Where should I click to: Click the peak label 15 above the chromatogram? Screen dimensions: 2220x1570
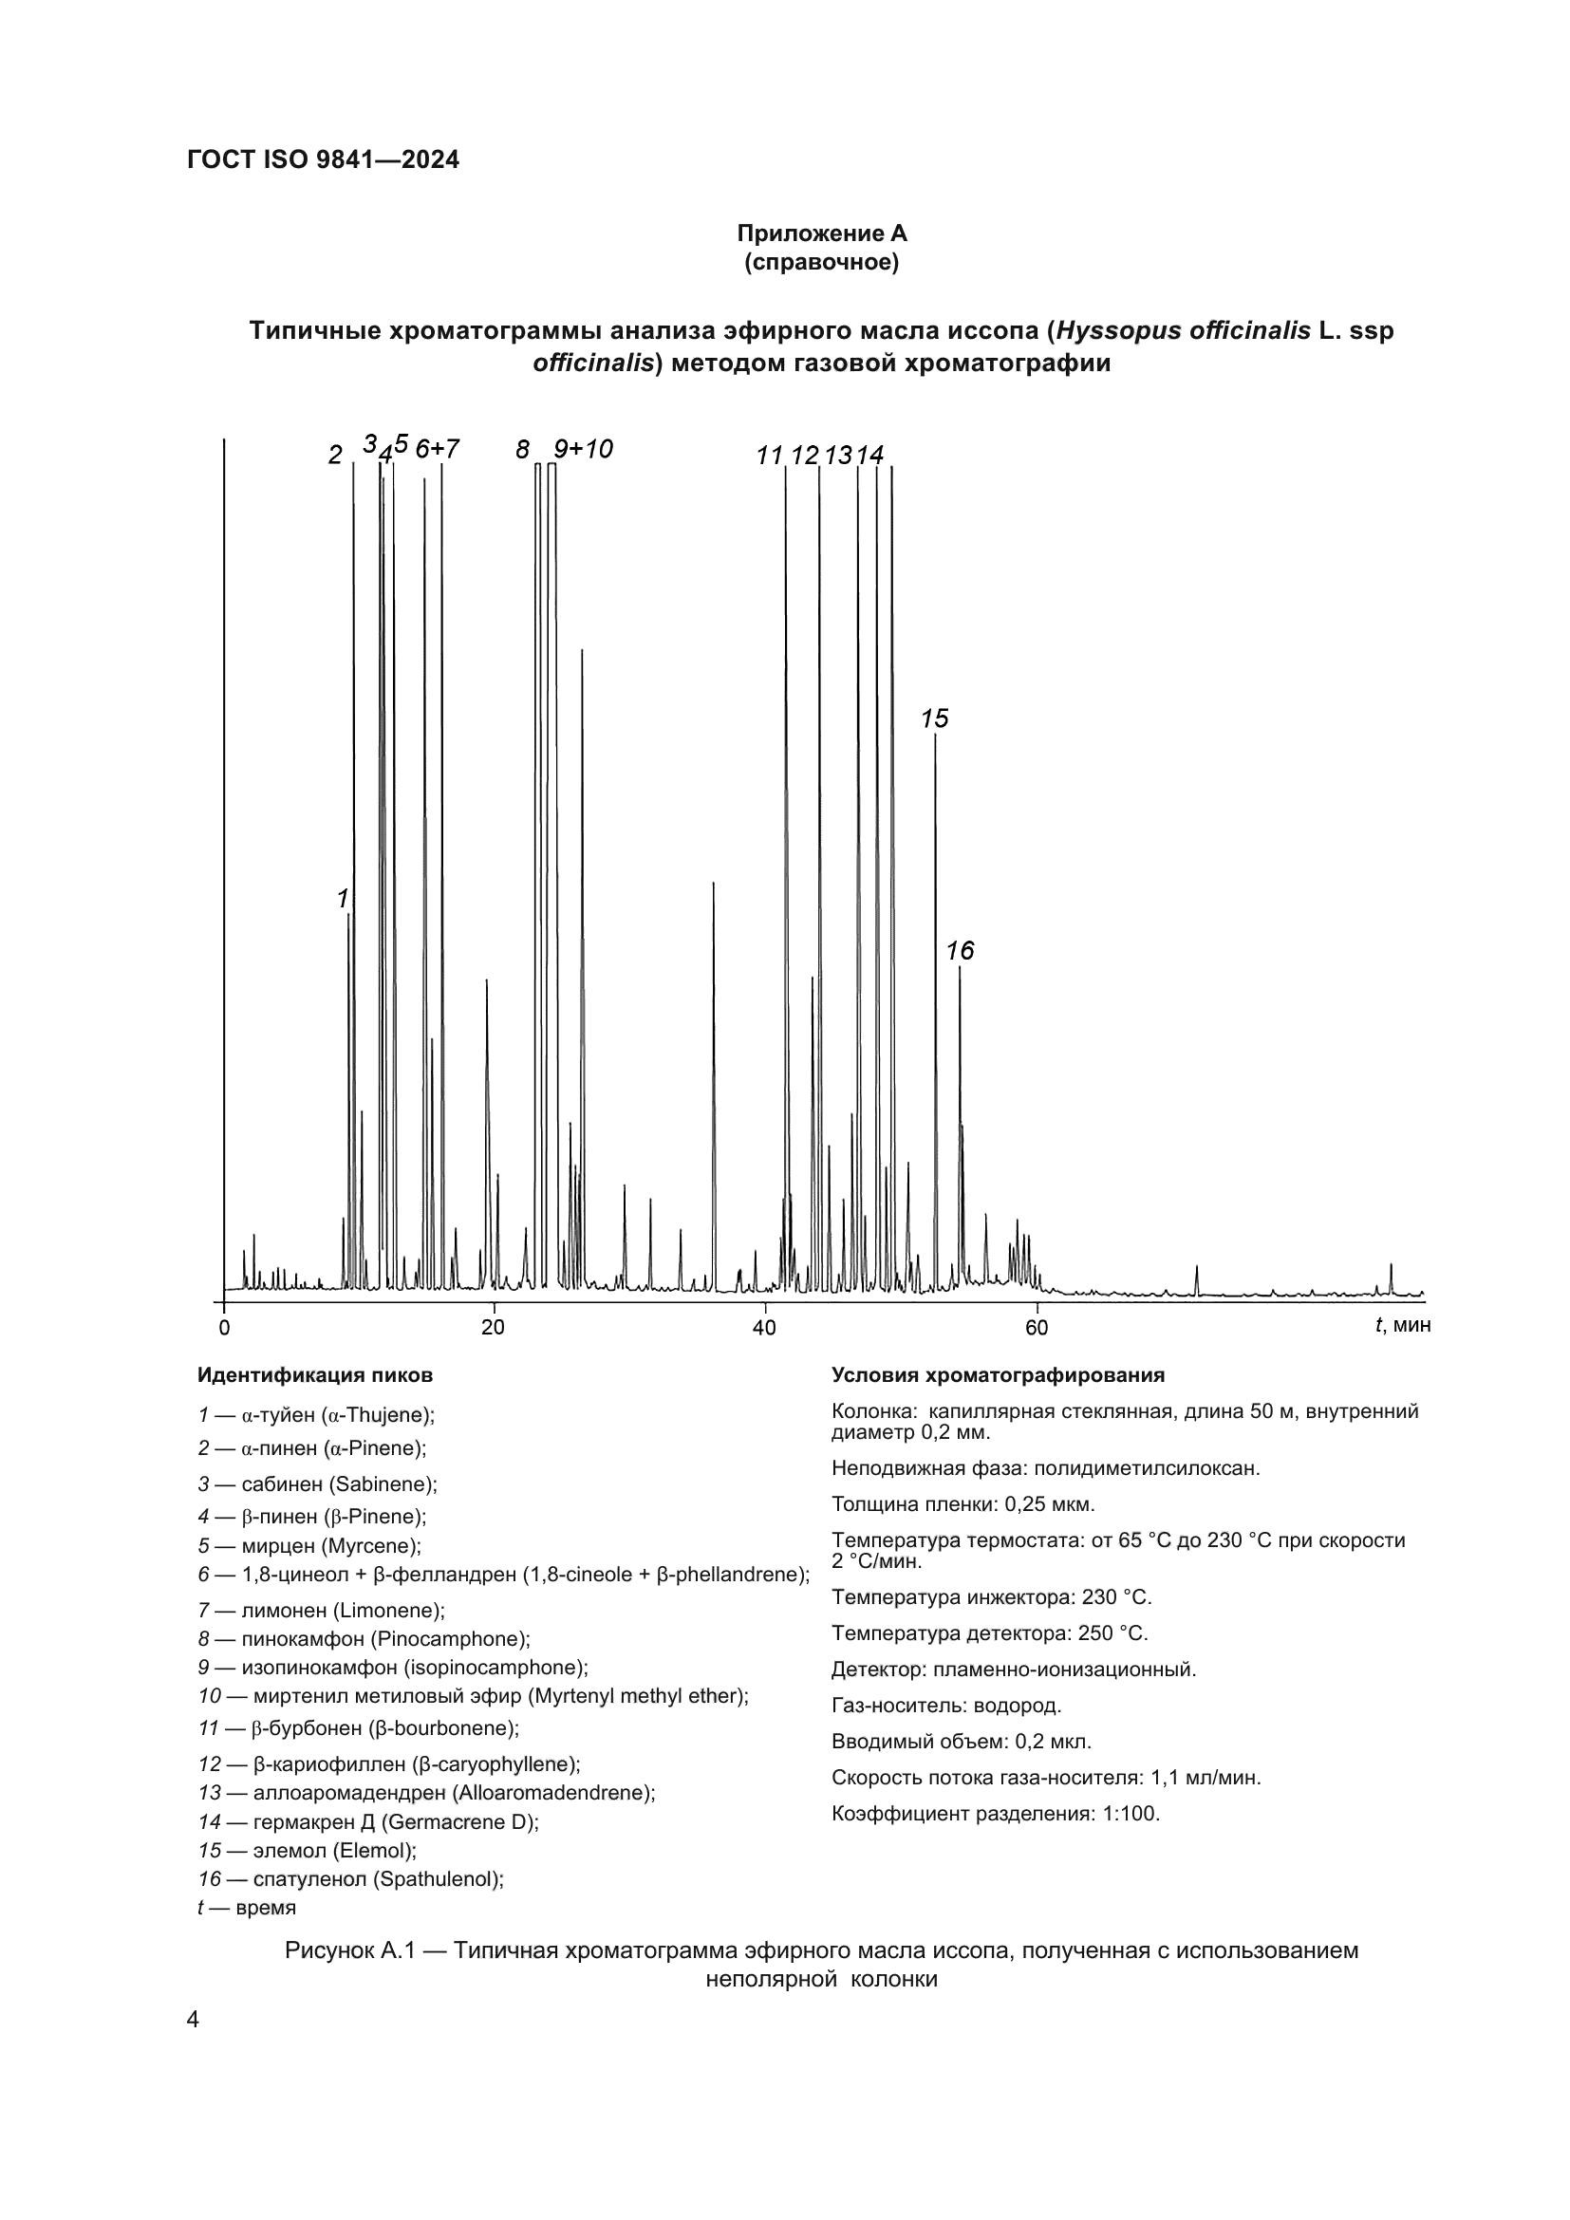tap(934, 718)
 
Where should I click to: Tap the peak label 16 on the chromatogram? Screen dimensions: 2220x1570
tap(960, 950)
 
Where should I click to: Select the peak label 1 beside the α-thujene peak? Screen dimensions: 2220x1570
tap(343, 898)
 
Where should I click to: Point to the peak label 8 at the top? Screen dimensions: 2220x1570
tap(522, 449)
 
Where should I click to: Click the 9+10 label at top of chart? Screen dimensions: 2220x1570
tap(583, 449)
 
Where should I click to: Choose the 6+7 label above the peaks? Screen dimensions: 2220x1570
tap(437, 449)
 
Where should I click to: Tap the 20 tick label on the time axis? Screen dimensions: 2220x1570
tap(493, 1328)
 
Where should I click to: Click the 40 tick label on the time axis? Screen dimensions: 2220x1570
tap(764, 1328)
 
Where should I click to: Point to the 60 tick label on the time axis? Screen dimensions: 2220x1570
tap(1037, 1328)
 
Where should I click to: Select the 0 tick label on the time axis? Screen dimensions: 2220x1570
tap(224, 1328)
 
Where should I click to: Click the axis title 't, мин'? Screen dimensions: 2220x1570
tap(1402, 1325)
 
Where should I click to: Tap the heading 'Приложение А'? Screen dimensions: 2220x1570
tap(822, 233)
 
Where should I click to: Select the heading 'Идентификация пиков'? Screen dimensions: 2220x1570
tap(315, 1375)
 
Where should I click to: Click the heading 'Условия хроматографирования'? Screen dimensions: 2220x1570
tap(998, 1375)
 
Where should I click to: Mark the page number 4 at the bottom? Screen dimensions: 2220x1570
tap(193, 2019)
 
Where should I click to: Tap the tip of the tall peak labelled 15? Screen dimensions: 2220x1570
tap(935, 736)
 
